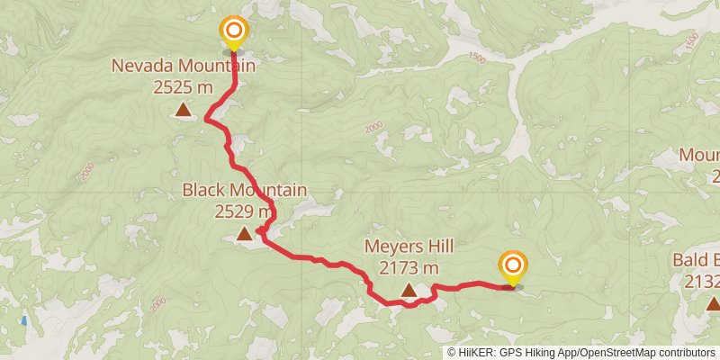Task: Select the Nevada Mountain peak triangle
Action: point(184,111)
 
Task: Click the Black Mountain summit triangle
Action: point(244,235)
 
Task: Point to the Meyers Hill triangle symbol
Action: point(409,290)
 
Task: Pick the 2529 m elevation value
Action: point(244,211)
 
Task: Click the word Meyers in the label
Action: point(391,246)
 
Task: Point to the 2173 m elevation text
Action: point(409,267)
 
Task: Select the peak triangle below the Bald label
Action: point(713,304)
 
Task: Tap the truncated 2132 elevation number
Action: point(702,283)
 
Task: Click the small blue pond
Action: point(23,319)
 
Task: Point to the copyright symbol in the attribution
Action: point(453,353)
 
